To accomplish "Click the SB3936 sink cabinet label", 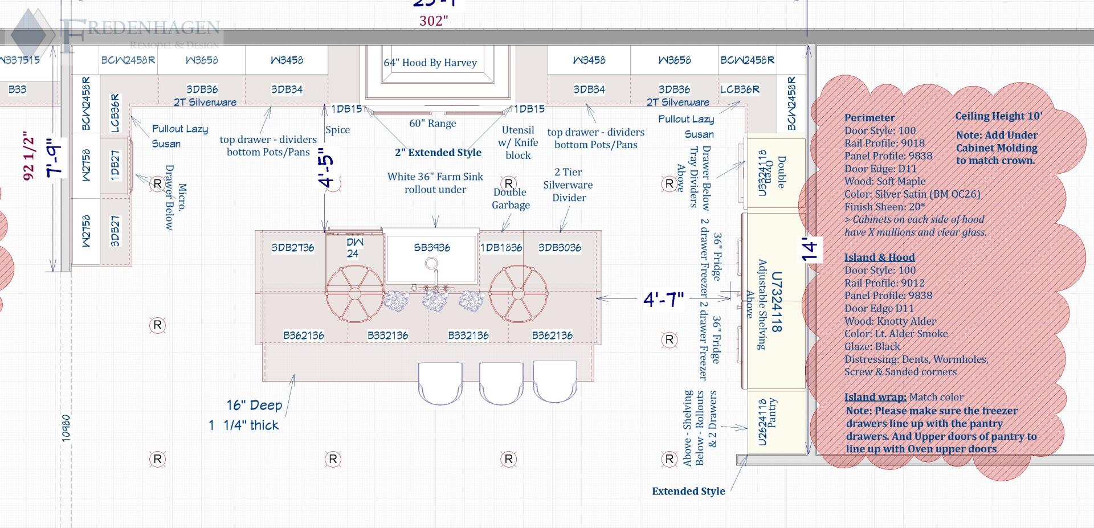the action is coord(432,248).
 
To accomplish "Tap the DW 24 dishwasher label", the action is coord(354,248).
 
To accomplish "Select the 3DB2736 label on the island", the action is coord(292,248).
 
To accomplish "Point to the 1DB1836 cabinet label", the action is coord(501,248).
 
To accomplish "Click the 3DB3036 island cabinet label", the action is coord(560,248).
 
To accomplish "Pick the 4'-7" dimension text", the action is coord(663,299).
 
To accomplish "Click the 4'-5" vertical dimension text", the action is coord(326,167).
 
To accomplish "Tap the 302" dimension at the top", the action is coord(434,21).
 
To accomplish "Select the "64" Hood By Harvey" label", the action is coord(430,63).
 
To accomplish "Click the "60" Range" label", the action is coord(432,124).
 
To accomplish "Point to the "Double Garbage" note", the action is coord(511,199).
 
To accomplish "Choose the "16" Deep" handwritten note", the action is coord(254,406).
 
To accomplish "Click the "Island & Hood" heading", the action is coord(879,257).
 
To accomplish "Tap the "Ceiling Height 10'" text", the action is coord(998,116).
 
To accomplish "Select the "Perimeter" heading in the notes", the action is coord(870,118).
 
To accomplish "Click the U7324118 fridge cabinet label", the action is coord(776,302).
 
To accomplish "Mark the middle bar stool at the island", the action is coord(501,382).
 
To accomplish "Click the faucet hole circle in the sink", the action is coord(431,264).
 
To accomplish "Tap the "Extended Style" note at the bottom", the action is coord(688,491).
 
